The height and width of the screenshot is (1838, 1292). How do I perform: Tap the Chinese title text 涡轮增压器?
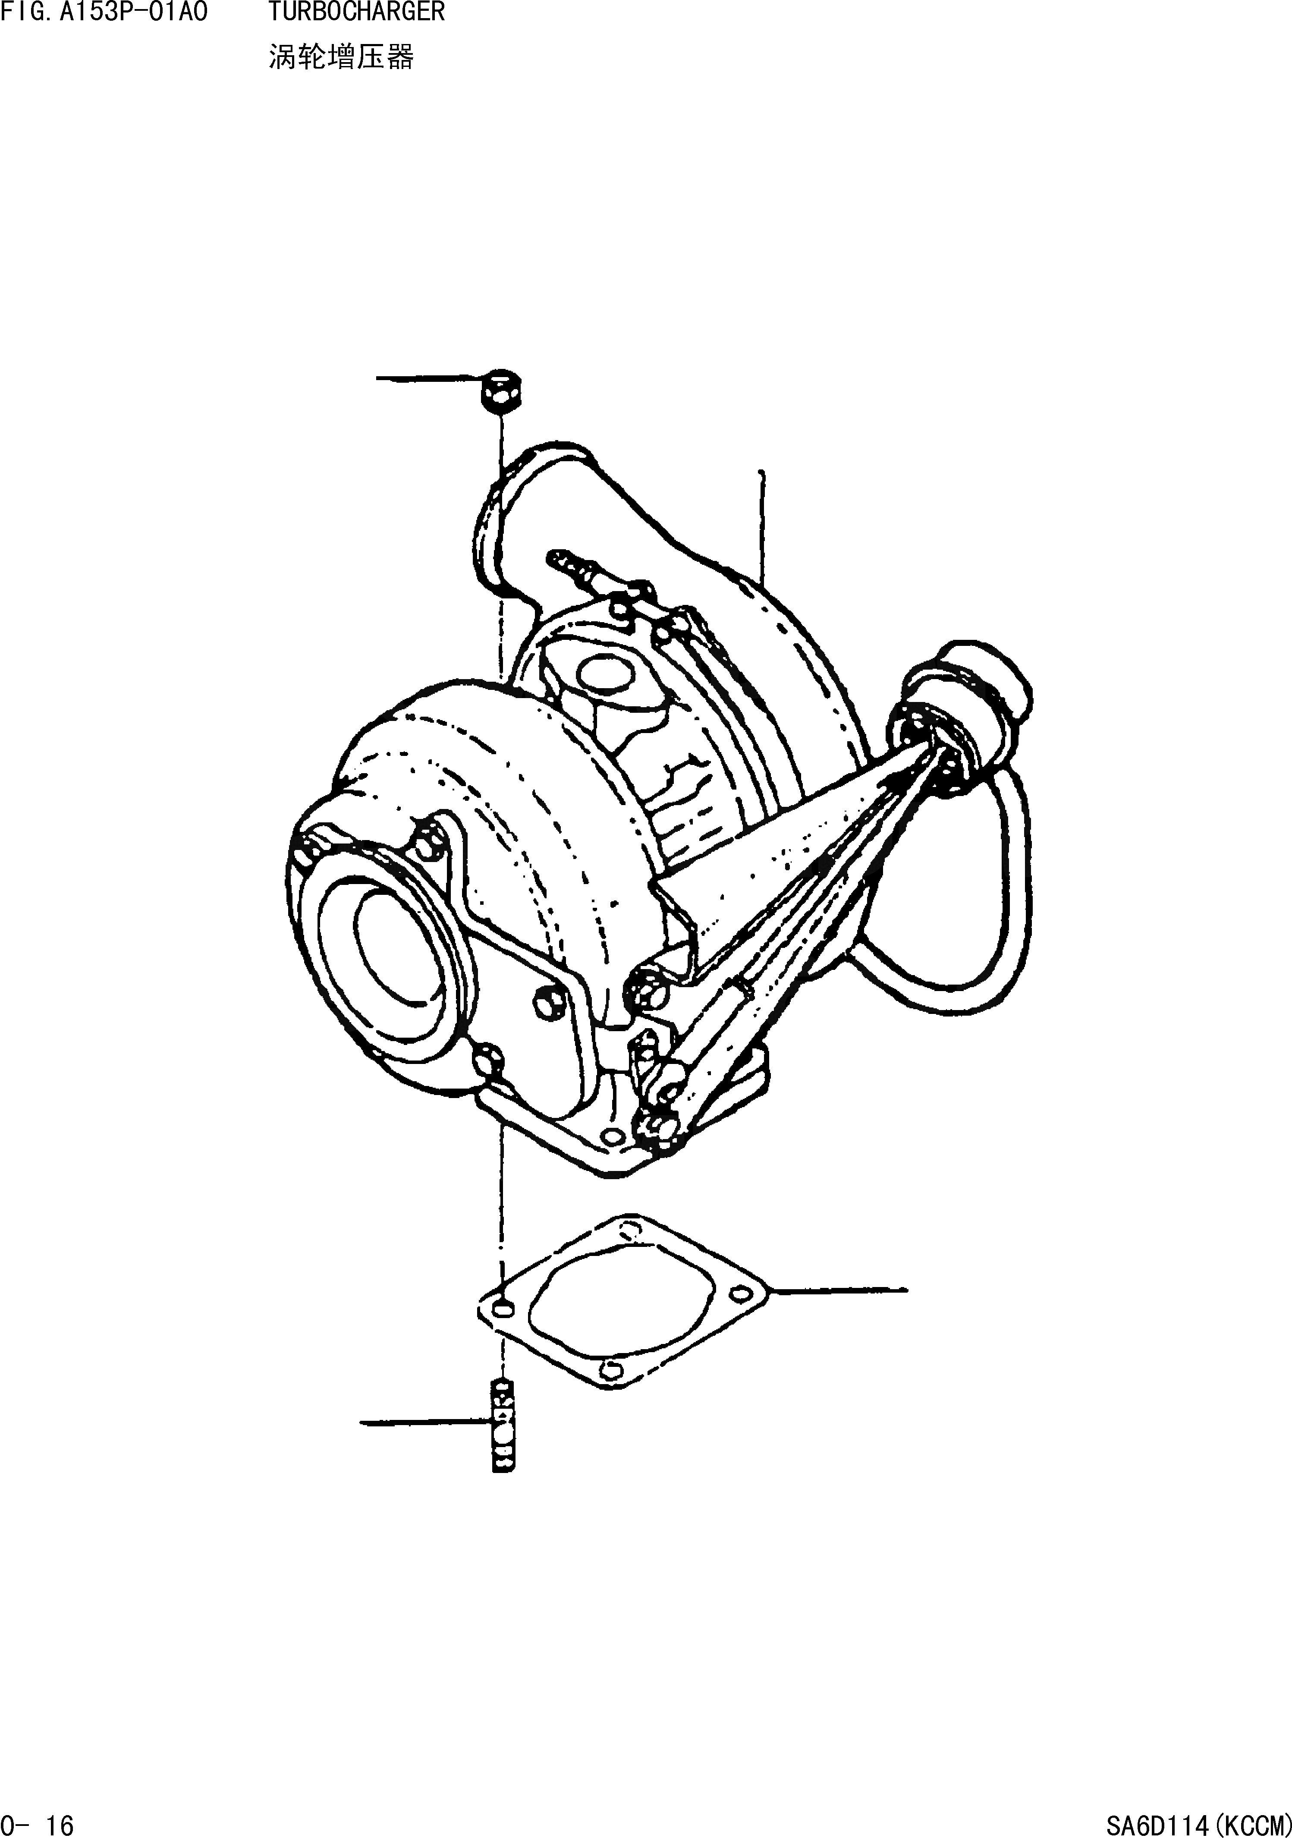coord(341,58)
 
